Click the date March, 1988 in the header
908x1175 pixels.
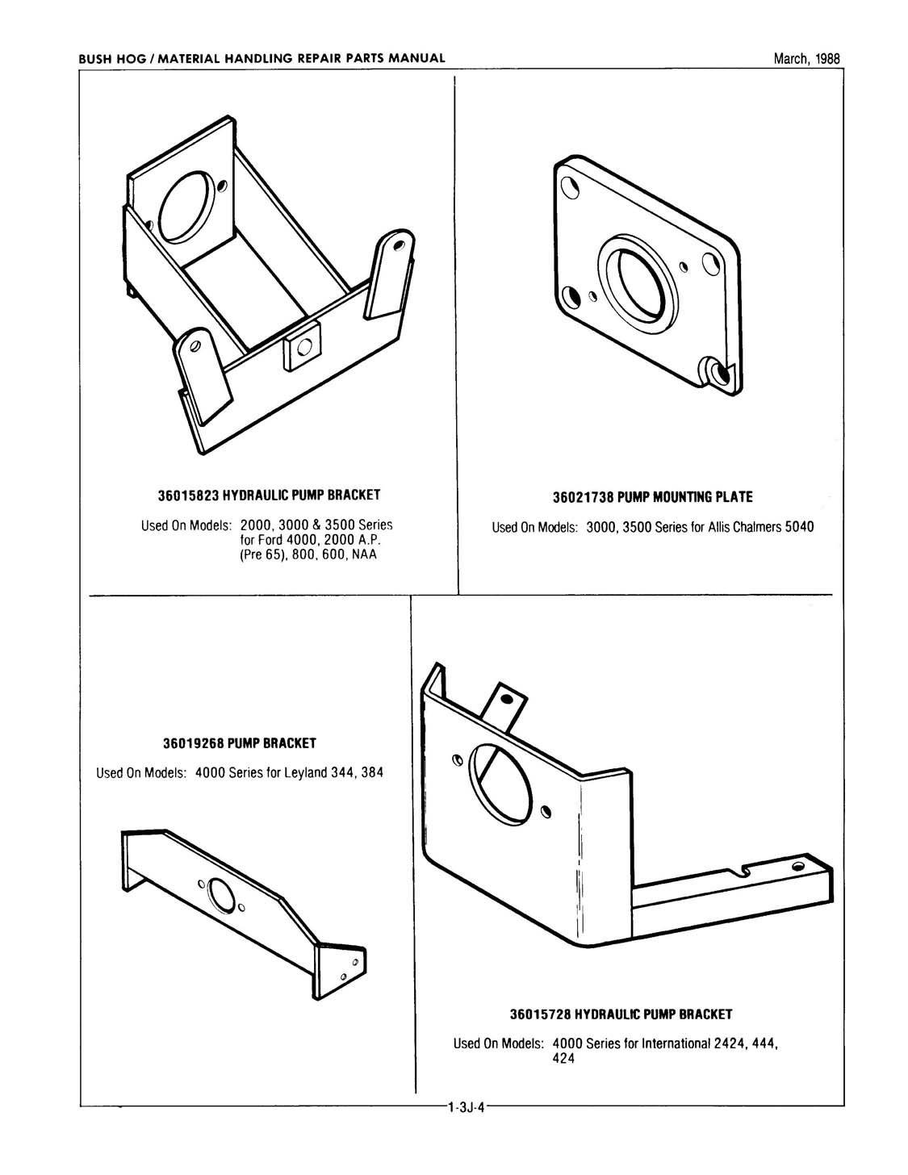click(806, 58)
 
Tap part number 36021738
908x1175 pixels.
click(578, 496)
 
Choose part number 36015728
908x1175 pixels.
click(546, 1014)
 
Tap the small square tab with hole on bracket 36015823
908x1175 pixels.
click(302, 347)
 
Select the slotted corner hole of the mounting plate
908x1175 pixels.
click(715, 371)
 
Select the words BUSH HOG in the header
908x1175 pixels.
click(108, 58)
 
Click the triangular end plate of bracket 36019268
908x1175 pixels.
click(342, 968)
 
